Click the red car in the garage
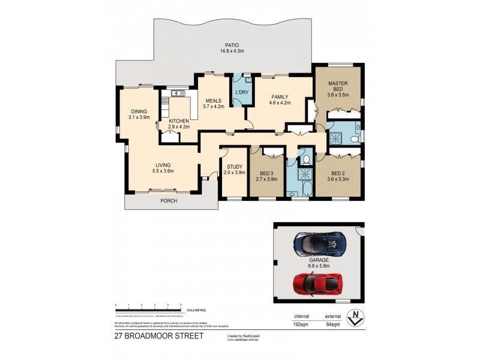pyautogui.click(x=319, y=283)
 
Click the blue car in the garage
pyautogui.click(x=319, y=243)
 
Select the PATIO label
pyautogui.click(x=232, y=44)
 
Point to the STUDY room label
pyautogui.click(x=234, y=167)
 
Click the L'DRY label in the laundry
pyautogui.click(x=242, y=92)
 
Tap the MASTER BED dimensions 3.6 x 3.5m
pyautogui.click(x=338, y=95)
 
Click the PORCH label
pyautogui.click(x=169, y=201)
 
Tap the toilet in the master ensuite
pyautogui.click(x=355, y=139)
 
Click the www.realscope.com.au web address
pyautogui.click(x=242, y=340)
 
